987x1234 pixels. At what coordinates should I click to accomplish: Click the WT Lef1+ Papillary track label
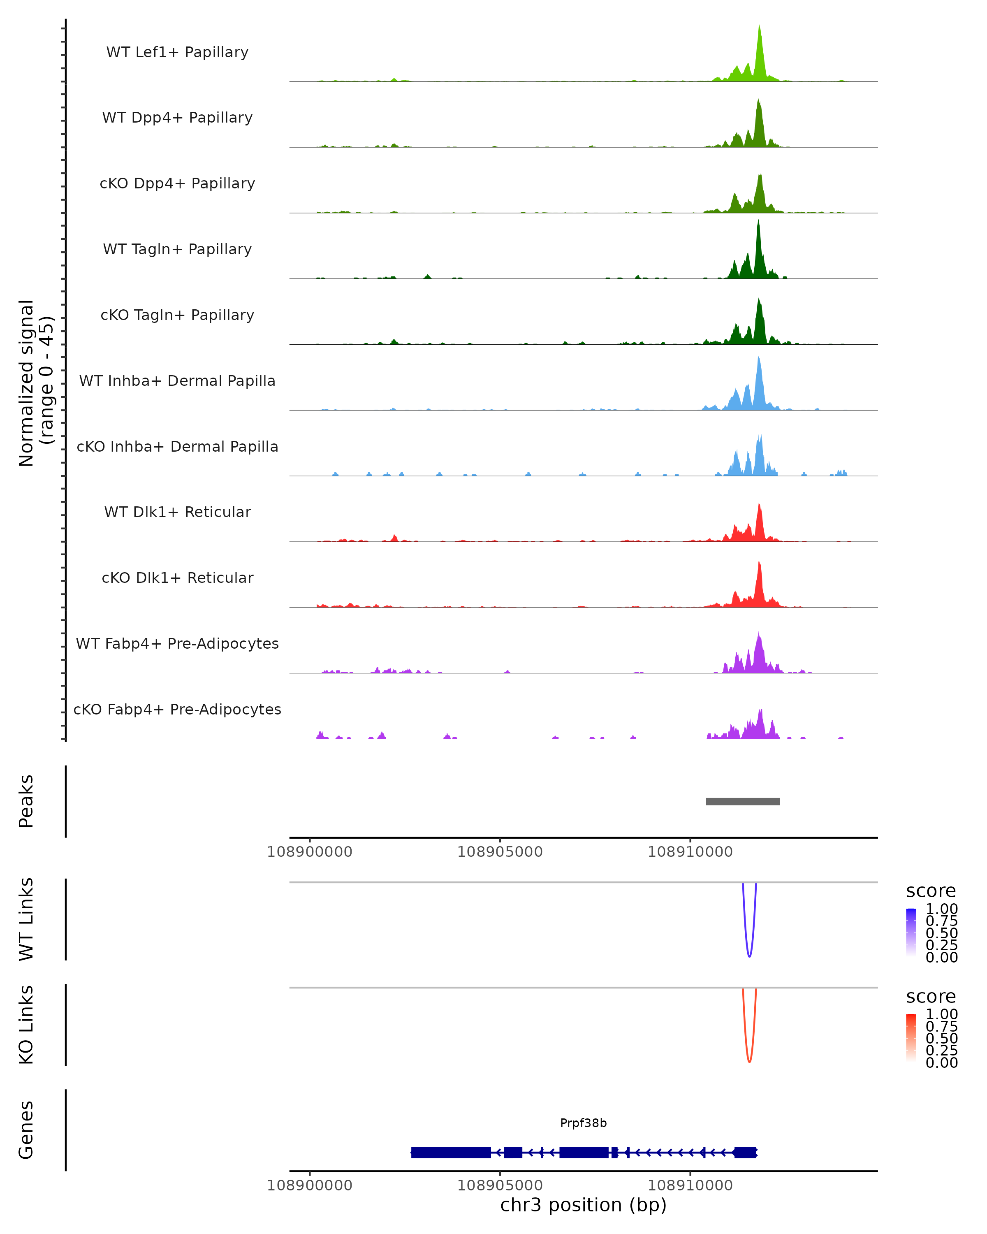pos(177,52)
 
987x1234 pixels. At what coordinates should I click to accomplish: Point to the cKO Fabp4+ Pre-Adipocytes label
pos(177,709)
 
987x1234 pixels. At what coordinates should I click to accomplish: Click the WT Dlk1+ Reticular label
pos(177,512)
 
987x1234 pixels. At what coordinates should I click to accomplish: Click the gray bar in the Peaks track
pos(743,801)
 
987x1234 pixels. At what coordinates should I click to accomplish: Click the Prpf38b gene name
pos(583,1123)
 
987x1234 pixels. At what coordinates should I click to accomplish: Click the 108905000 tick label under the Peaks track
pos(500,852)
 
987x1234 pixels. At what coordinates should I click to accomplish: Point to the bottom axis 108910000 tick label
pos(690,1185)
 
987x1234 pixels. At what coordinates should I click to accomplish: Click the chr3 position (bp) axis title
pos(583,1205)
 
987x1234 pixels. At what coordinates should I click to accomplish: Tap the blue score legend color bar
pos(911,932)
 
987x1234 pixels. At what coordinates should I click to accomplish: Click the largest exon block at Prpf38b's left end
pos(451,1152)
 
